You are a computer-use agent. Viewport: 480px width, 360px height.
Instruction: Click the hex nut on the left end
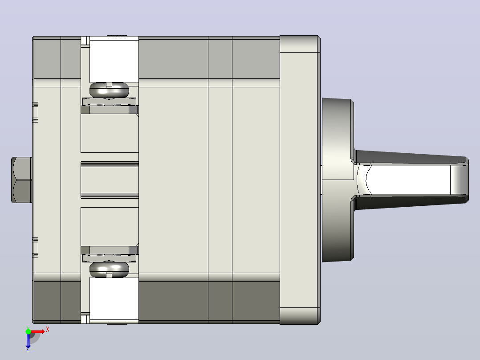[22, 180]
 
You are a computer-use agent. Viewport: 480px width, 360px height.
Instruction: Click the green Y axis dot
[28, 331]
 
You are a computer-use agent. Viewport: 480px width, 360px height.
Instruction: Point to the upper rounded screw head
[109, 90]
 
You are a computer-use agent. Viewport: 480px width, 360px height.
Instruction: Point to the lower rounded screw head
[109, 269]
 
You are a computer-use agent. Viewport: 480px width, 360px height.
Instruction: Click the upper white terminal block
[114, 59]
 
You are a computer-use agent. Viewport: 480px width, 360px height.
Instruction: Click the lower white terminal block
[114, 299]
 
